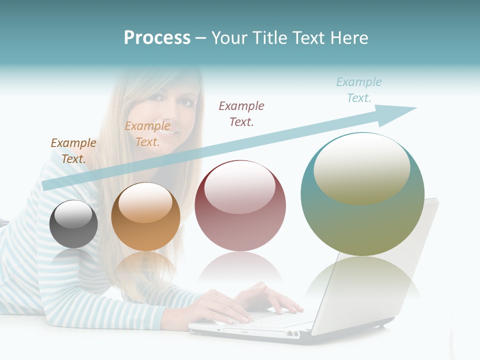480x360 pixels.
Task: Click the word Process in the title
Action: click(157, 38)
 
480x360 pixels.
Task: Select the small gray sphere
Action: click(73, 224)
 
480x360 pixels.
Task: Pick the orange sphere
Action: click(145, 217)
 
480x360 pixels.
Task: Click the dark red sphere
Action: click(240, 206)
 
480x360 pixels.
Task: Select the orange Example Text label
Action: click(147, 134)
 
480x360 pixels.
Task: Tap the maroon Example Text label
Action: click(241, 113)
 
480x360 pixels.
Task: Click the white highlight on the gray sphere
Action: click(73, 214)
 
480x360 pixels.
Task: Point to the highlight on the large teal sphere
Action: click(362, 168)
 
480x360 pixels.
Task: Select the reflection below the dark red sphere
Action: click(240, 270)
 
